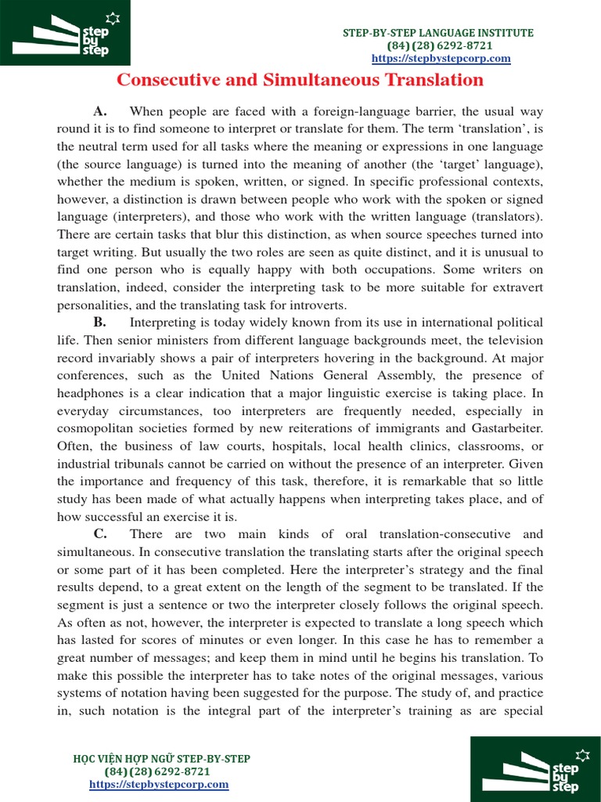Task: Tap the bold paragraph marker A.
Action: pyautogui.click(x=99, y=112)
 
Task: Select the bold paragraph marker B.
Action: pyautogui.click(x=99, y=323)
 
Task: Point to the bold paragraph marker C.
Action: pyautogui.click(x=99, y=534)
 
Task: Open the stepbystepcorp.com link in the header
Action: pyautogui.click(x=441, y=59)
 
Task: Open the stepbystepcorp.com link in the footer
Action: pyautogui.click(x=159, y=784)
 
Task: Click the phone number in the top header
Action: pyautogui.click(x=440, y=45)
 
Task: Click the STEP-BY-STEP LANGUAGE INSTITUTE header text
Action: pyautogui.click(x=439, y=33)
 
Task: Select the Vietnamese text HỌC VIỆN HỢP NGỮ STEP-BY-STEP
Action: pyautogui.click(x=161, y=759)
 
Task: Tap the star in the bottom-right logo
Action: pyautogui.click(x=581, y=755)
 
